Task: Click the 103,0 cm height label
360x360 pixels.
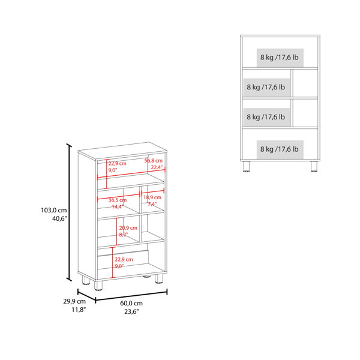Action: pyautogui.click(x=54, y=210)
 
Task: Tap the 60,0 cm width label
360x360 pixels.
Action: pyautogui.click(x=131, y=303)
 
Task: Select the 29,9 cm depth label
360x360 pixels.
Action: pyautogui.click(x=74, y=301)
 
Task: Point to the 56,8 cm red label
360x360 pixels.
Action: pyautogui.click(x=154, y=160)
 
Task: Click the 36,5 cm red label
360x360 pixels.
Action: pyautogui.click(x=118, y=200)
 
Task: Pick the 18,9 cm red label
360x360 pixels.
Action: pyautogui.click(x=152, y=197)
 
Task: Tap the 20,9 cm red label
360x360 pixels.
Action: pyautogui.click(x=128, y=228)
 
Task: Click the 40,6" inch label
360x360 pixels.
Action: pyautogui.click(x=59, y=218)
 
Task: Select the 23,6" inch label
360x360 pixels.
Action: pyautogui.click(x=131, y=311)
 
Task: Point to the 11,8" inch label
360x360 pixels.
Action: pyautogui.click(x=79, y=310)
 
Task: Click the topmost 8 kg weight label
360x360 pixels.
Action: pyautogui.click(x=280, y=58)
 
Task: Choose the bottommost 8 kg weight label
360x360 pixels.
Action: pyautogui.click(x=280, y=149)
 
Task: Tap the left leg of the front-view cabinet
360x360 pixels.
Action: pyautogui.click(x=246, y=166)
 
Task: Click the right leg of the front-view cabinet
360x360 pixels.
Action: pyautogui.click(x=314, y=166)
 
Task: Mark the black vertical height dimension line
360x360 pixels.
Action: pyautogui.click(x=69, y=212)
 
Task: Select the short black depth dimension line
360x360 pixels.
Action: pyautogui.click(x=86, y=296)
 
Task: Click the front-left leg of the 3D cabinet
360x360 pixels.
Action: pyautogui.click(x=98, y=285)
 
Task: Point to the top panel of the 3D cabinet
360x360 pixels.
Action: pyautogui.click(x=122, y=151)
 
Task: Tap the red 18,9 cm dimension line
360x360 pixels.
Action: pyautogui.click(x=152, y=191)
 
